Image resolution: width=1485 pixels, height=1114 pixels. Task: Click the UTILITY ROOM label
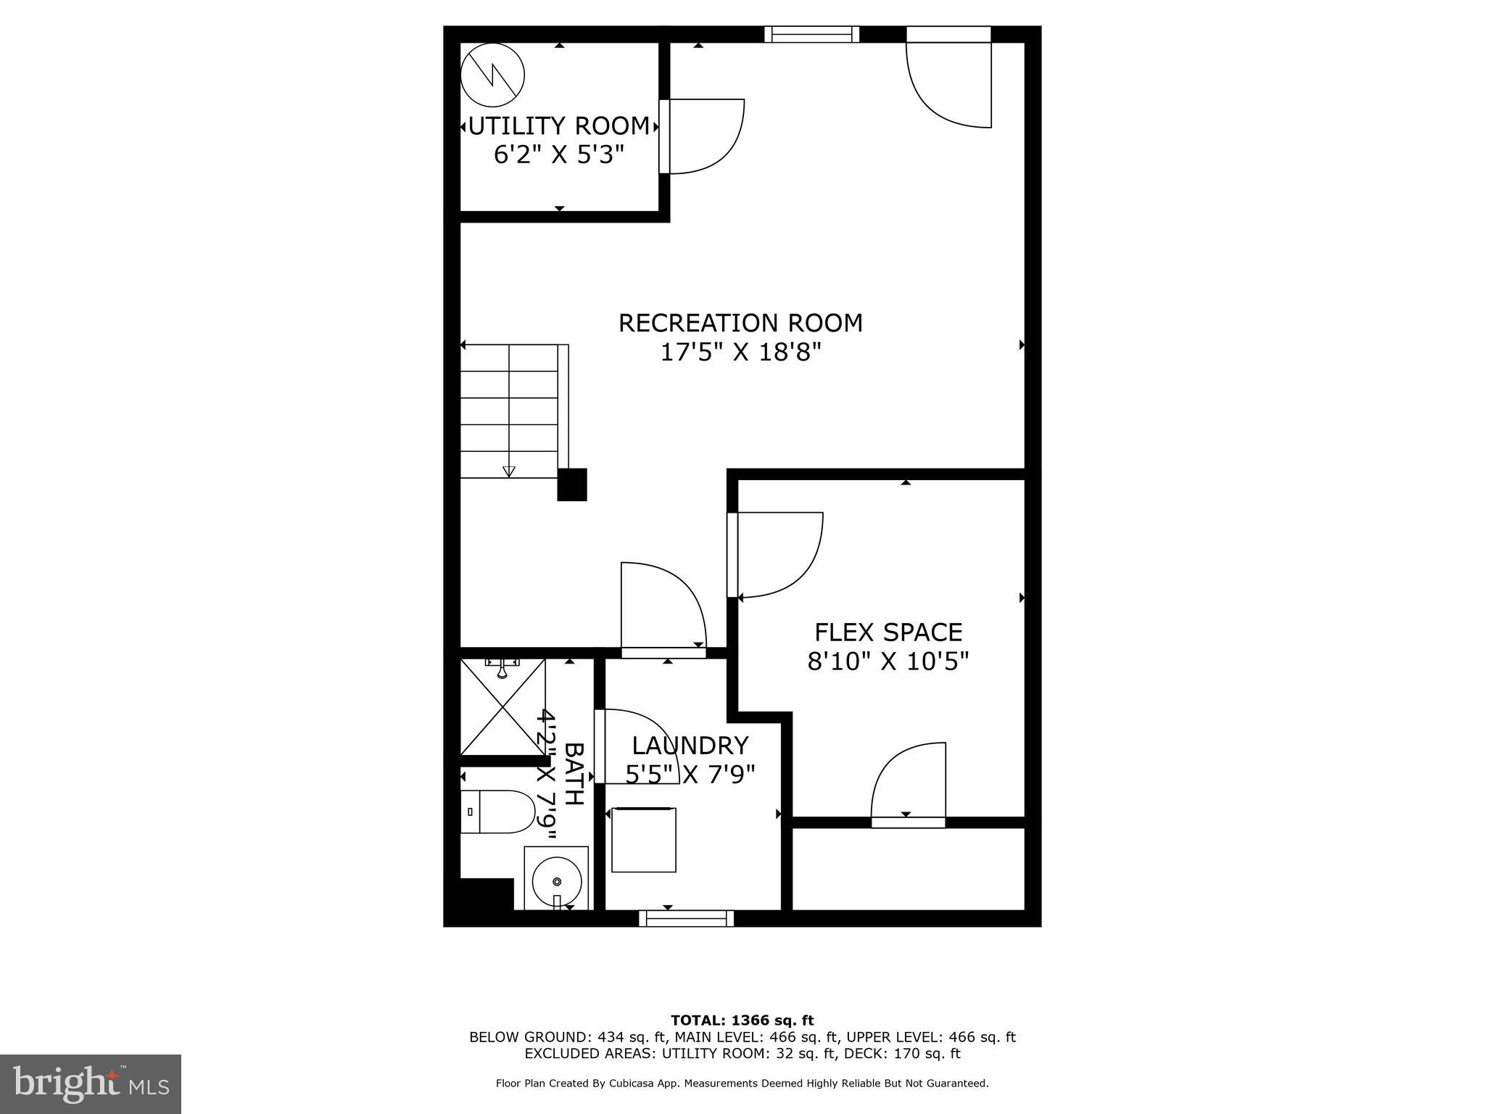click(559, 126)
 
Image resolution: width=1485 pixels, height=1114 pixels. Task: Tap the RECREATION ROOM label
click(740, 323)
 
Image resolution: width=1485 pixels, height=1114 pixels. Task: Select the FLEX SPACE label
click(888, 632)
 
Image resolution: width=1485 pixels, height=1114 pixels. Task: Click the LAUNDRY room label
click(690, 746)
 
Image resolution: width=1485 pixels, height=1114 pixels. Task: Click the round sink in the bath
click(556, 880)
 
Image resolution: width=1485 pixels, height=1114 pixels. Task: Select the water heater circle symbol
click(493, 75)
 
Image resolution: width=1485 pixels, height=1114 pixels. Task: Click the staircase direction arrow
click(509, 471)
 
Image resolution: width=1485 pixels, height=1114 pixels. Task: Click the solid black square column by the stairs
click(571, 484)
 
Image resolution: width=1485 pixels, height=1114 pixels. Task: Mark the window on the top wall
click(811, 34)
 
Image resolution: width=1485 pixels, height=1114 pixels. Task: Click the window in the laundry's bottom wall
click(686, 918)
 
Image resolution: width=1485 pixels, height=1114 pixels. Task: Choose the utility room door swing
click(703, 136)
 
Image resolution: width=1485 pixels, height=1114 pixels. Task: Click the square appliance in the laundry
click(644, 839)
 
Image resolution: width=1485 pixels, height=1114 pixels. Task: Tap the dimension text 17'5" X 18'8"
click(740, 352)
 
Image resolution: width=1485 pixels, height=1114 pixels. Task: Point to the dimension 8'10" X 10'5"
click(888, 661)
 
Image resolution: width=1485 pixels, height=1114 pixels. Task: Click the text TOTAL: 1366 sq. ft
click(742, 1021)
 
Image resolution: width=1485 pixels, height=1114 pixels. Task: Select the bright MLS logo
click(91, 1084)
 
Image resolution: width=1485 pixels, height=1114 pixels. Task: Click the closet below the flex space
click(908, 868)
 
